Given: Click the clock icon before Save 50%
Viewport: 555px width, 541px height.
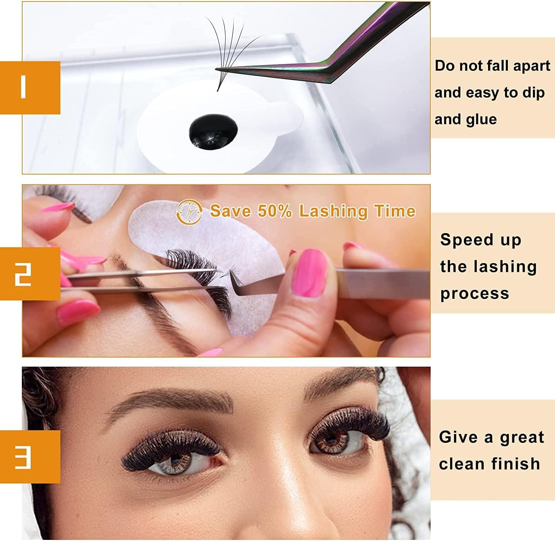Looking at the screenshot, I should (x=190, y=212).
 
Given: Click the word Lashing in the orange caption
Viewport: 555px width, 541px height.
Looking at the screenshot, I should (x=333, y=212).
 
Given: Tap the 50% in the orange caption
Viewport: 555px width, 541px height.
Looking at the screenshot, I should (x=275, y=211).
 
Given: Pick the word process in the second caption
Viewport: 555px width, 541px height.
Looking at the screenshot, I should (x=475, y=294).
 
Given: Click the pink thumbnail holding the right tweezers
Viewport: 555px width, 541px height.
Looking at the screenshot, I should (x=310, y=272).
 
